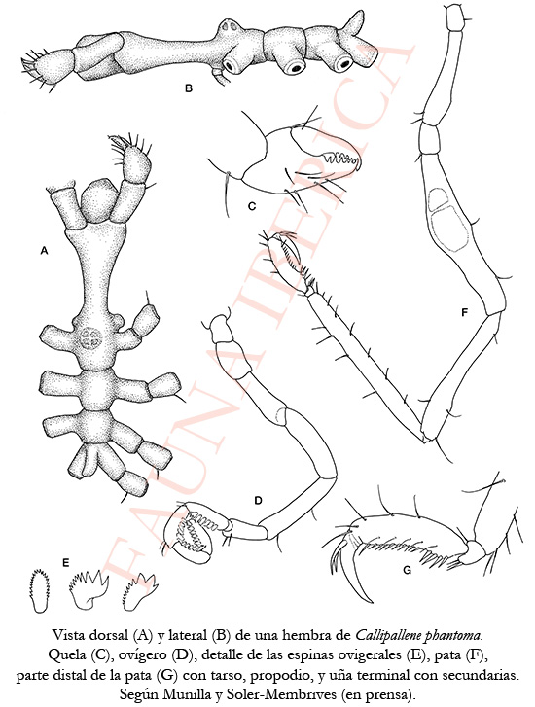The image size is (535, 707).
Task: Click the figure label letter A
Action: [x=44, y=250]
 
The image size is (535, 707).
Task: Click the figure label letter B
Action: [x=189, y=88]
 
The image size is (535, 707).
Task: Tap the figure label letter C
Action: [x=252, y=206]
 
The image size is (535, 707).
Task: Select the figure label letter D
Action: [x=258, y=500]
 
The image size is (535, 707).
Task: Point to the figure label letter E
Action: [x=66, y=562]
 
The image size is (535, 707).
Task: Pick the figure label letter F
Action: [x=465, y=312]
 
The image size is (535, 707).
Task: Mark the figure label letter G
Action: [x=407, y=571]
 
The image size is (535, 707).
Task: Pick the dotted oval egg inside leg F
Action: [x=447, y=230]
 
